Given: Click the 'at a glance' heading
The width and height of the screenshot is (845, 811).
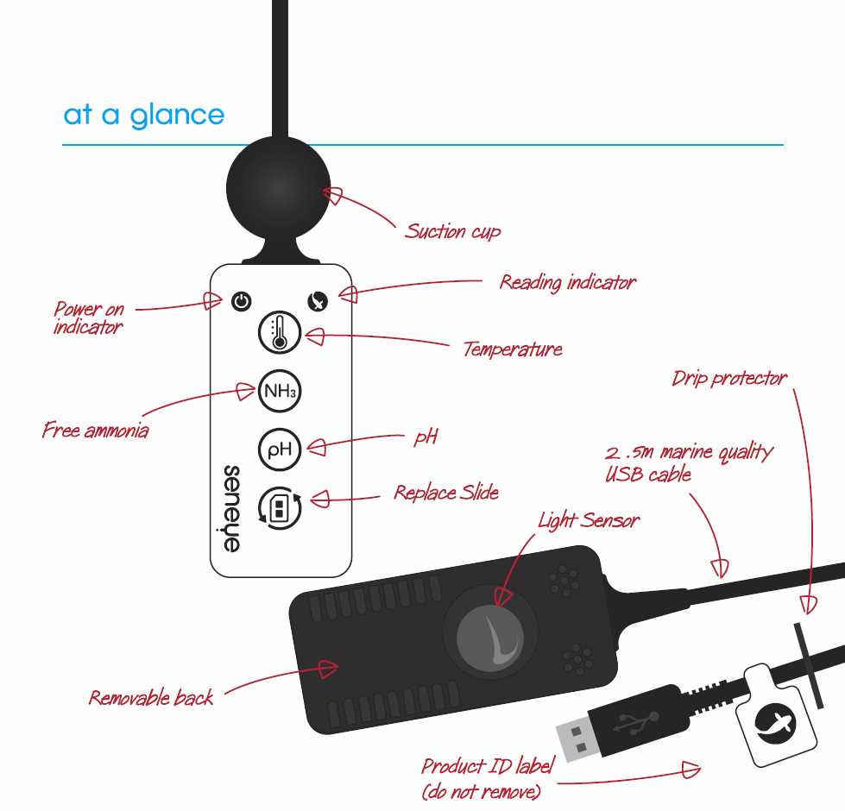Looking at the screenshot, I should tap(143, 116).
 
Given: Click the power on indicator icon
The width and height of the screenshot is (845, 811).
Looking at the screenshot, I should tap(242, 301).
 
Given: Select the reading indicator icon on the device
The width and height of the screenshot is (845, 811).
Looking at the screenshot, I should tap(318, 301).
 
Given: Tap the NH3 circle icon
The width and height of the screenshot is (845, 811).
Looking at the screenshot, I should tap(280, 390).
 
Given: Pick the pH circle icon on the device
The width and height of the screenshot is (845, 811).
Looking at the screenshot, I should tap(280, 449).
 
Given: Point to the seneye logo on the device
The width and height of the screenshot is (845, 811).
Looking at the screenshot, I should tap(232, 508).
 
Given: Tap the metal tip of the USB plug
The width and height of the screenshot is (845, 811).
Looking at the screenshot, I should tap(573, 738).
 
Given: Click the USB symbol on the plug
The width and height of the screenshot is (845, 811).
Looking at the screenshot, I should tap(636, 720).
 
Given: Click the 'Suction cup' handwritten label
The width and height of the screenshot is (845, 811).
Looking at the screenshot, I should tap(453, 231).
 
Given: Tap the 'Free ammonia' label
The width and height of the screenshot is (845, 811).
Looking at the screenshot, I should tap(95, 430).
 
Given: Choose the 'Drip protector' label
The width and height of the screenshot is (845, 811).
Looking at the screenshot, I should tap(729, 379).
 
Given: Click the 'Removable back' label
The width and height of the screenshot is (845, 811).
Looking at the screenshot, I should tap(151, 697).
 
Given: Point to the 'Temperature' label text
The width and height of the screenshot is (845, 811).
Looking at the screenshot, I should tap(513, 349).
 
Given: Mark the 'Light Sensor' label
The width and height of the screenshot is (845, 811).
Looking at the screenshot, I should tap(589, 520).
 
